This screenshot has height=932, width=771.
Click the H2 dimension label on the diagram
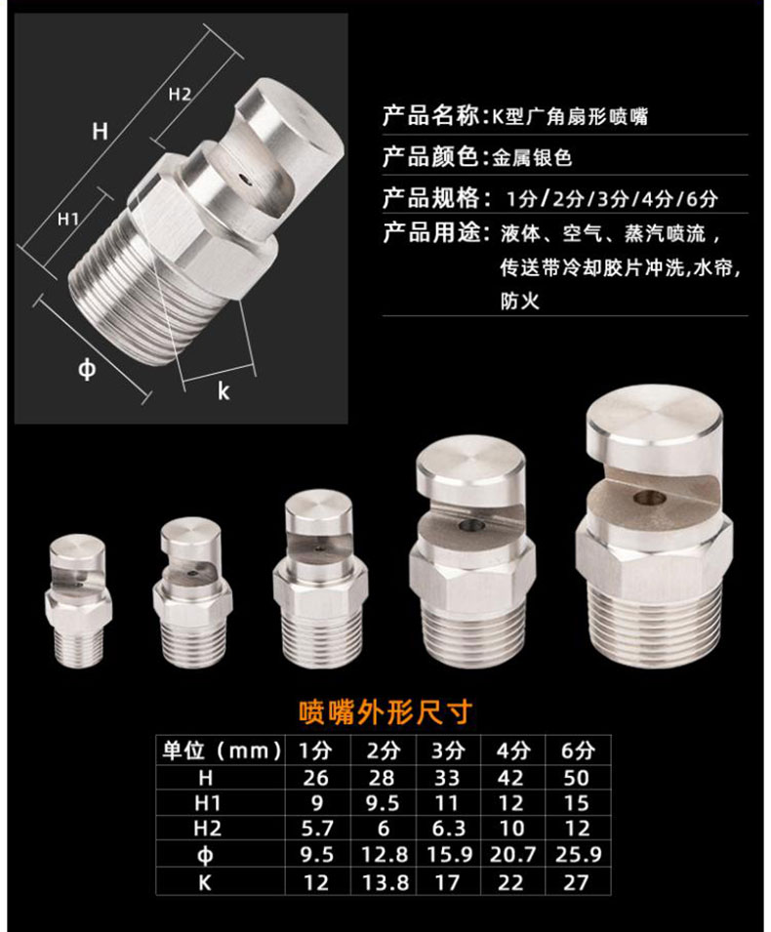click(x=180, y=95)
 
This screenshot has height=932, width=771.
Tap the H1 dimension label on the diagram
click(x=68, y=220)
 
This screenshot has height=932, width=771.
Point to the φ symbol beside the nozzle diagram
click(x=87, y=370)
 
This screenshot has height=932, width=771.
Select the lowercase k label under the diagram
click(x=223, y=391)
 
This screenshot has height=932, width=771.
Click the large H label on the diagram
click(x=100, y=131)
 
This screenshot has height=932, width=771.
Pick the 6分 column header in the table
click(x=577, y=750)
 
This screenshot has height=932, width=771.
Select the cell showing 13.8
click(x=385, y=881)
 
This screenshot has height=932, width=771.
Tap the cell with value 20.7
click(x=512, y=855)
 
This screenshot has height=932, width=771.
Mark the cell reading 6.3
click(x=449, y=829)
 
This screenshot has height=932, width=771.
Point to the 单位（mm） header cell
click(x=222, y=750)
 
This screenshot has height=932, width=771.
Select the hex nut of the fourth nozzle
click(x=471, y=574)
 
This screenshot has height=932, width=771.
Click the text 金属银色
click(x=532, y=157)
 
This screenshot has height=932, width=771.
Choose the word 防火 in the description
click(x=519, y=302)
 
